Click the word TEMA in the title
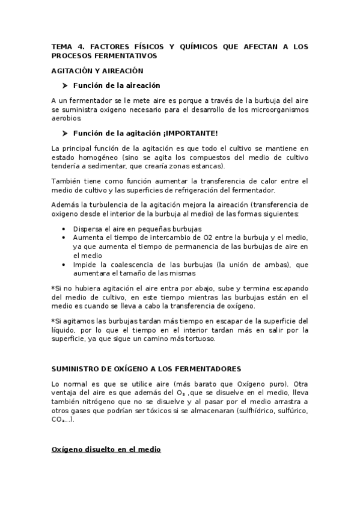61,46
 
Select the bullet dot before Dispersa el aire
64,229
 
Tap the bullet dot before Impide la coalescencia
64,264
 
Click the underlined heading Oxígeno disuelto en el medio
106,449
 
